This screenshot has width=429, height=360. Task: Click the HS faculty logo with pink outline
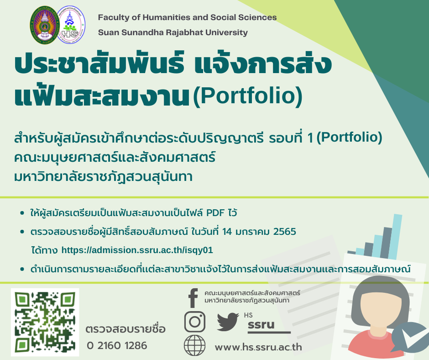click(71, 25)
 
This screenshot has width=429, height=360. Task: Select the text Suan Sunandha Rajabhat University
click(173, 32)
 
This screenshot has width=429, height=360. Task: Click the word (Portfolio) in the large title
click(248, 96)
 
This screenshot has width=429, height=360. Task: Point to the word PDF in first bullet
click(215, 212)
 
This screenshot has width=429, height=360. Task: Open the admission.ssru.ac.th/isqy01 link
click(137, 250)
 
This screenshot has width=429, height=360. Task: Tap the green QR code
click(45, 322)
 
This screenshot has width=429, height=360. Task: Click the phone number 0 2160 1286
click(117, 345)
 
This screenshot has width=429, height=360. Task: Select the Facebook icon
click(193, 298)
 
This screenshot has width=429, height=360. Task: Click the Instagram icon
click(194, 322)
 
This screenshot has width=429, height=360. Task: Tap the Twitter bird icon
click(228, 321)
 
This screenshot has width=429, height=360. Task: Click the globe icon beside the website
click(194, 345)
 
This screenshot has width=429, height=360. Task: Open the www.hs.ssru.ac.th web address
click(258, 347)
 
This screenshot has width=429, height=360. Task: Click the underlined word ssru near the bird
click(261, 325)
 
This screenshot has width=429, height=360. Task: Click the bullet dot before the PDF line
click(22, 213)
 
